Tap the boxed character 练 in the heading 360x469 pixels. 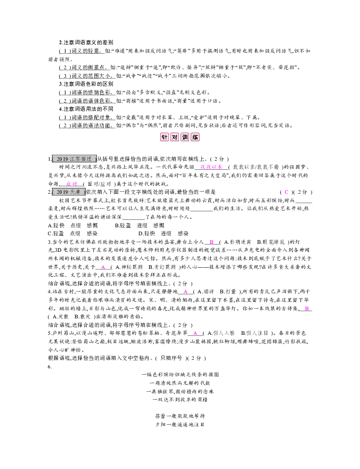195,137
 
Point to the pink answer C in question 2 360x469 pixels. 286,192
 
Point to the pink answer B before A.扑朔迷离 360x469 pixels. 211,241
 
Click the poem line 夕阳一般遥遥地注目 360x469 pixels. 179,424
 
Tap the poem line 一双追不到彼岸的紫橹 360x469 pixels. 179,398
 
